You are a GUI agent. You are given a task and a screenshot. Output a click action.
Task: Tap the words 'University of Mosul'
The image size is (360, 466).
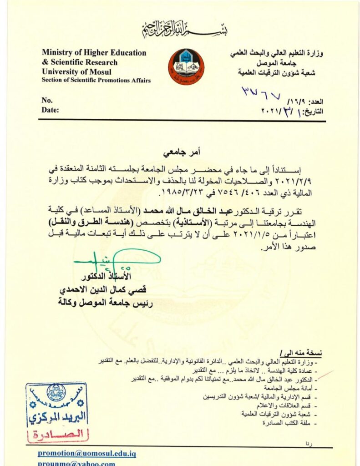click(76, 71)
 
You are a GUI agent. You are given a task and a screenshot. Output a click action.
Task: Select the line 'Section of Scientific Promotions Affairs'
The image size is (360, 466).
click(96, 81)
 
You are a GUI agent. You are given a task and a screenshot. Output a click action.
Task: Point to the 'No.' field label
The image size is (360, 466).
click(47, 100)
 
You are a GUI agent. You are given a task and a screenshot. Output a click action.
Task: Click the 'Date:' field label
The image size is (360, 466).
click(50, 110)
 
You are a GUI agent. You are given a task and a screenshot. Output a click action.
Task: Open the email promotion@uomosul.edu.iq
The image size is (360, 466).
click(86, 453)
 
